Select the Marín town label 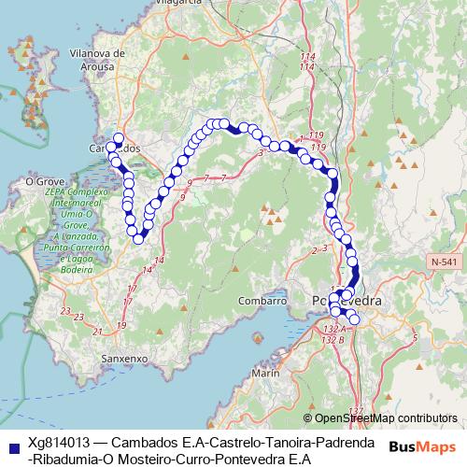coord(265,373)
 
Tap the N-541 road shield coord(446,263)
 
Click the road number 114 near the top coord(307,58)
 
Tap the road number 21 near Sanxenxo coord(99,330)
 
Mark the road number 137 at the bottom coord(355,411)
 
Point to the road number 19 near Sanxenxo coord(122,324)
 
